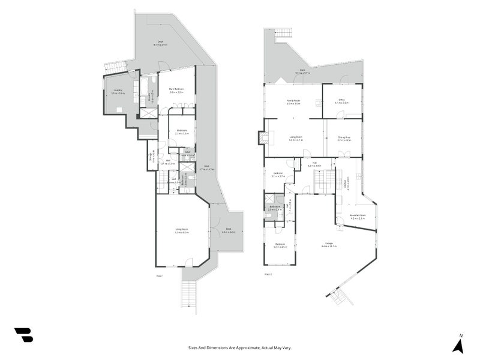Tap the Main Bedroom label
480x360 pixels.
(176, 90)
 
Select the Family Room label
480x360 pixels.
(293, 103)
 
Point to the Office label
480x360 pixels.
(341, 101)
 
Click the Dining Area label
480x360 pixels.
(344, 139)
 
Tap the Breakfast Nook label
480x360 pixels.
(358, 217)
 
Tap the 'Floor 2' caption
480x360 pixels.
(268, 274)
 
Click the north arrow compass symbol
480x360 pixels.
(458, 344)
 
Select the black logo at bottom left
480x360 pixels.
(23, 335)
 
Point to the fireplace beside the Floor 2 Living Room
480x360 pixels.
(262, 137)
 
